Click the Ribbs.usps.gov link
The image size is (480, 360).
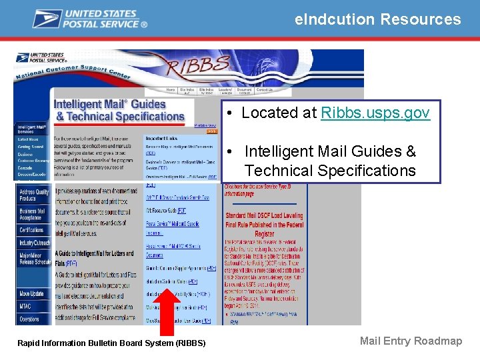click(375, 113)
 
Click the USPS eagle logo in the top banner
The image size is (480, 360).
click(47, 18)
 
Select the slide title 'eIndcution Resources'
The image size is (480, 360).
click(377, 19)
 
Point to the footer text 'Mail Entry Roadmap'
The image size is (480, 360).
click(411, 341)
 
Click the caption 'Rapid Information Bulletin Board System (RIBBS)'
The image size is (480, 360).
click(111, 343)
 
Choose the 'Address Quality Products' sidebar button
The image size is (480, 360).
click(33, 195)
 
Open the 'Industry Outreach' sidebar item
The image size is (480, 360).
click(34, 243)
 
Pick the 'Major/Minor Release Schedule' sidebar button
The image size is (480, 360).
click(33, 259)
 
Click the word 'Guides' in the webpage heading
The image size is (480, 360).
click(149, 104)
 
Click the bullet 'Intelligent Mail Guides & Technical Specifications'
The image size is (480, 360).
click(329, 161)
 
